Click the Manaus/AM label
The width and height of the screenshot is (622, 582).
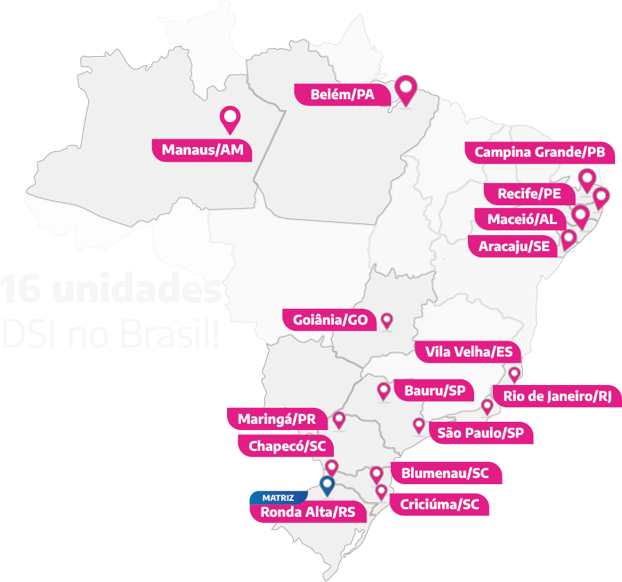click(x=203, y=150)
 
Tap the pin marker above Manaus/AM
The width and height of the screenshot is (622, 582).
click(x=229, y=119)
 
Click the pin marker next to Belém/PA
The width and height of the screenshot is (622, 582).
click(x=406, y=89)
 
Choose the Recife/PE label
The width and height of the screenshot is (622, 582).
click(x=529, y=194)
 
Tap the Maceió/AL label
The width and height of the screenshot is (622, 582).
click(x=522, y=219)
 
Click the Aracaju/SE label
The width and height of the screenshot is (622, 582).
click(x=514, y=246)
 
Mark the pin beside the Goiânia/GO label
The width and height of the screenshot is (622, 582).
click(x=387, y=320)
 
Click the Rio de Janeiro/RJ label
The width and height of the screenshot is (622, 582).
click(x=557, y=397)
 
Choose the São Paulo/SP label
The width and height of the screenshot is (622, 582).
click(x=480, y=434)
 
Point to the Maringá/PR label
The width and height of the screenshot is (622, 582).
click(x=277, y=419)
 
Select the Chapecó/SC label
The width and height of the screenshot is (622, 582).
click(x=286, y=446)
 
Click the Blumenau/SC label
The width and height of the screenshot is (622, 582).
click(x=445, y=474)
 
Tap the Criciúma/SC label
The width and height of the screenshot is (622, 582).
click(x=439, y=504)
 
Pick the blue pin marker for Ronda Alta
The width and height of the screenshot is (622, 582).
click(x=327, y=485)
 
